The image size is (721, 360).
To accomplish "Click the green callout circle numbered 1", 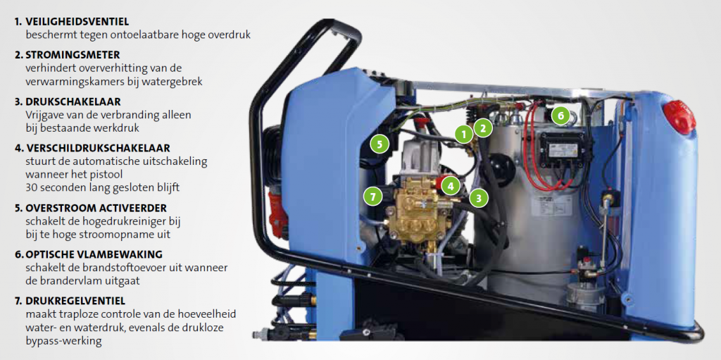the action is (464, 135).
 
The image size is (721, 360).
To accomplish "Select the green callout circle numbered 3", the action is (479, 199).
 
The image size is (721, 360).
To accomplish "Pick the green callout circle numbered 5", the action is (380, 144).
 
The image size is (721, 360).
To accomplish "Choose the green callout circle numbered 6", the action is (560, 116).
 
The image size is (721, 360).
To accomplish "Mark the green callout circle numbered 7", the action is (372, 197).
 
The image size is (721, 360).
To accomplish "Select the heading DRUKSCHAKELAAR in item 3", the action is (73, 101).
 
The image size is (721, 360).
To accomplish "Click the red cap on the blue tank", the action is (679, 118).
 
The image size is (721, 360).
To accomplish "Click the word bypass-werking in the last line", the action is (64, 342).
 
